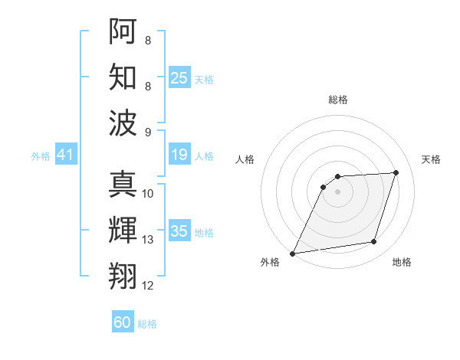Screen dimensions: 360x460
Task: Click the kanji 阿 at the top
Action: coord(123,32)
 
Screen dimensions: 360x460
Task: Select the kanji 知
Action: coord(123,77)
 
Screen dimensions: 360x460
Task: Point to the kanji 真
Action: coord(123,185)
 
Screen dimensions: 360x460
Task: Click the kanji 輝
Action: coord(123,231)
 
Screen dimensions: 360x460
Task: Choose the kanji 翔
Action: coord(123,276)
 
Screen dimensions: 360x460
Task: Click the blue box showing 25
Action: coord(179,77)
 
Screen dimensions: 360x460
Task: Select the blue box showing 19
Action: coord(179,155)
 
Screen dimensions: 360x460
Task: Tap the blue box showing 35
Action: coord(179,231)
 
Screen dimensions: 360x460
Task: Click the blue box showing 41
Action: coord(66,155)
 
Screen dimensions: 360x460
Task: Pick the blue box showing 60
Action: coord(123,322)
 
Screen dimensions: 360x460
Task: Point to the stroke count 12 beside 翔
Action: coord(148,286)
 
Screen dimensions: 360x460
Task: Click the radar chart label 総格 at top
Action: coord(337,100)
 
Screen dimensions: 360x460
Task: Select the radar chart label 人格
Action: coord(245,159)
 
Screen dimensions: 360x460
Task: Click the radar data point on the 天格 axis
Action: coord(396,172)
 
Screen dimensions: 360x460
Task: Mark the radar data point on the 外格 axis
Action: coord(292,254)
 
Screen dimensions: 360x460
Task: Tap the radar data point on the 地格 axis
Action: coord(374,242)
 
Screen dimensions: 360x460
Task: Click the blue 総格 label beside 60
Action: coord(147,324)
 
